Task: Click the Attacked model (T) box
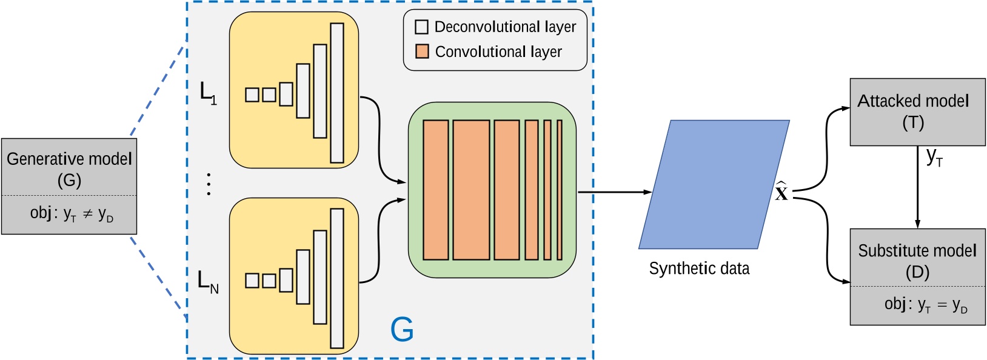coord(917,112)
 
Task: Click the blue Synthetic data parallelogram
coord(714,184)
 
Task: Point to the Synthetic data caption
coord(698,268)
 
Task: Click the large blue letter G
coord(402,330)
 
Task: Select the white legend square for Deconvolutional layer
coord(422,27)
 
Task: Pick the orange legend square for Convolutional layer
coord(422,52)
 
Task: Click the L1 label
coord(208,93)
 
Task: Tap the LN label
coord(208,281)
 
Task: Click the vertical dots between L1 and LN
coord(209,184)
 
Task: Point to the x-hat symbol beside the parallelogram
coord(781,192)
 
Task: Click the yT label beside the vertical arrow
coord(934,157)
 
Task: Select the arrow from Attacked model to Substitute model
coord(917,188)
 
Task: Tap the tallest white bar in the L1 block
coord(337,93)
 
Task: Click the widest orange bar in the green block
coord(471,190)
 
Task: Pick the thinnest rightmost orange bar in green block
coord(560,190)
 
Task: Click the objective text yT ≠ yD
coord(72,215)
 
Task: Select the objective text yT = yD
coord(925,305)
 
